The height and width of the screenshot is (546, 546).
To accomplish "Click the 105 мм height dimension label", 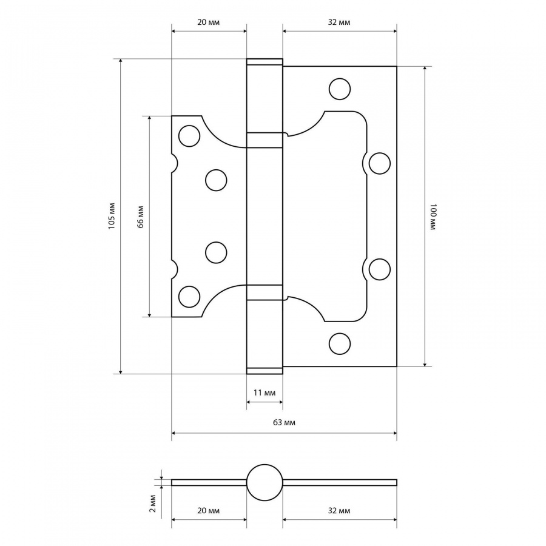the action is click(x=112, y=215).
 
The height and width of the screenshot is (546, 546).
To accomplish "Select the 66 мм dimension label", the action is click(x=140, y=217).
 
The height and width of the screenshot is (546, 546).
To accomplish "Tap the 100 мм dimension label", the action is click(x=433, y=217).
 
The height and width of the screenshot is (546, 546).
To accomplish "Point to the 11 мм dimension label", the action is click(x=265, y=393).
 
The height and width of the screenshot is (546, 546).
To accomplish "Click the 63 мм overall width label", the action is click(x=284, y=422).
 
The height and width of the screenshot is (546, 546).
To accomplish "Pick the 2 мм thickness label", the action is click(x=152, y=503).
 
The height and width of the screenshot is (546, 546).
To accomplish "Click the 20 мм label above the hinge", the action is click(x=209, y=22).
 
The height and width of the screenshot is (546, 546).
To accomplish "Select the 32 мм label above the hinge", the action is click(x=339, y=22).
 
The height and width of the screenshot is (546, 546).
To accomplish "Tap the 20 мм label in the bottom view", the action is click(x=209, y=510).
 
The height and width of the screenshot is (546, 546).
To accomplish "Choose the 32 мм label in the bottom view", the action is click(x=339, y=510).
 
